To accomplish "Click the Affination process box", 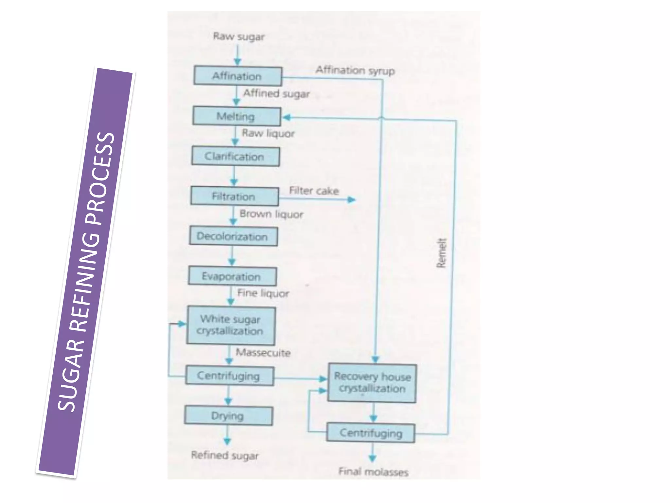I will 238,76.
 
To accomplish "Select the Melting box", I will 237,116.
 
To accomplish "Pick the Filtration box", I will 235,196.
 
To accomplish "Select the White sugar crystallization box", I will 231,325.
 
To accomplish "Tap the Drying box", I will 228,416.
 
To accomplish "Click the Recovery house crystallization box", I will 372,382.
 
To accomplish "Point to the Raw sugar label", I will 239,36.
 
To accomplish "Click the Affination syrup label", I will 355,70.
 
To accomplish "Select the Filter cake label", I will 314,190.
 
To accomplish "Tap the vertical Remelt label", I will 441,253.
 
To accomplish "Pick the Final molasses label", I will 373,472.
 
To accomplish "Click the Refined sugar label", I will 225,455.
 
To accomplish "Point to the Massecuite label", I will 263,352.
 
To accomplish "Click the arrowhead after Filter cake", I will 351,199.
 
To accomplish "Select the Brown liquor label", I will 271,214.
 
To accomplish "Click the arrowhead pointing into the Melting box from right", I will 287,117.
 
